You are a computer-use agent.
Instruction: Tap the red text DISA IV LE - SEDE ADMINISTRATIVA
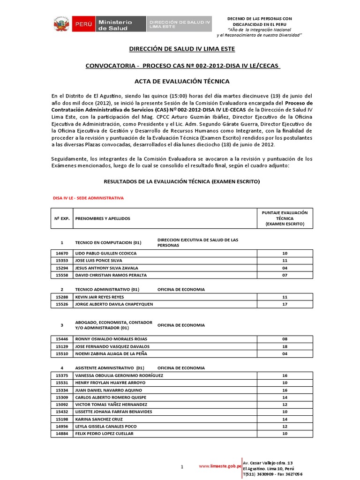88,198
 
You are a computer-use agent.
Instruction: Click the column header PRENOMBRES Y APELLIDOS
103,218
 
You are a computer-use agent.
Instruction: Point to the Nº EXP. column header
61,218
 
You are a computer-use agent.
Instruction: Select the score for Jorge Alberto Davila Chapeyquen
284,304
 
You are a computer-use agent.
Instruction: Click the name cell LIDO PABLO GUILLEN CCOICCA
106,253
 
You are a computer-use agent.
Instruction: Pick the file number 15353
61,260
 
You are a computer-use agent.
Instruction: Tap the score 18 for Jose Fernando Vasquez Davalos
284,347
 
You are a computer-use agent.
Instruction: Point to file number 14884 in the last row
61,434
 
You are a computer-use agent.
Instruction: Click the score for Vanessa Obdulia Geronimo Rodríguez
284,375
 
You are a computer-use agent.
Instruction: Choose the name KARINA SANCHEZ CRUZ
99,419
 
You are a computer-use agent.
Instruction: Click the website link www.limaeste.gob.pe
220,466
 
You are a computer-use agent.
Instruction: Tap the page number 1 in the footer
182,467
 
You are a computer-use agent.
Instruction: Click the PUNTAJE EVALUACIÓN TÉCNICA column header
284,218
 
